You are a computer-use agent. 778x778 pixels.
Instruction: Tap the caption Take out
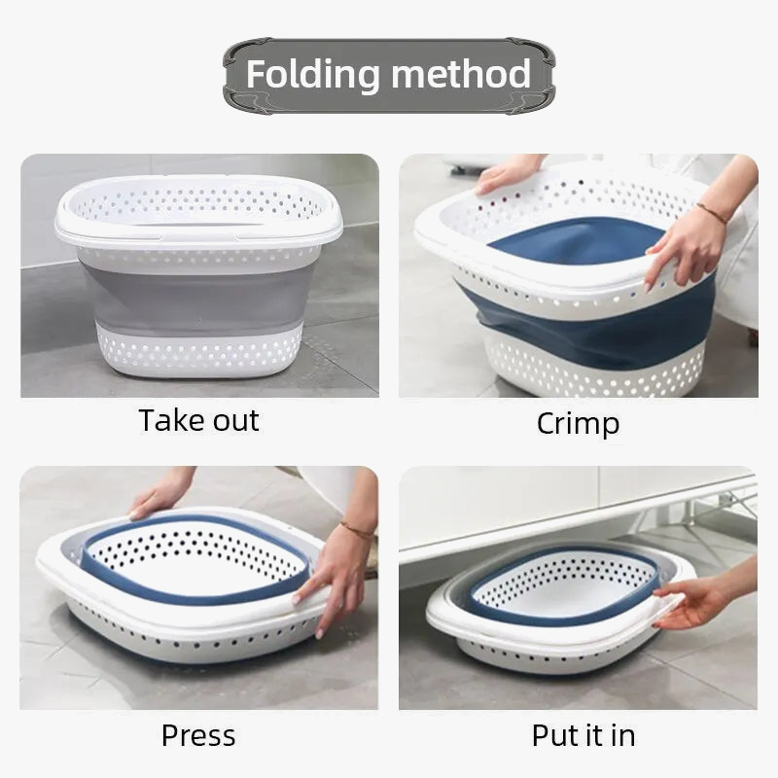(x=199, y=421)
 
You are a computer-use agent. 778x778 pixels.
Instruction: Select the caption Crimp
(x=578, y=423)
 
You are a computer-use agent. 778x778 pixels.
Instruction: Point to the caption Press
(x=198, y=735)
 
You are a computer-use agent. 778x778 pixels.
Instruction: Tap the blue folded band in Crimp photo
(x=583, y=321)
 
